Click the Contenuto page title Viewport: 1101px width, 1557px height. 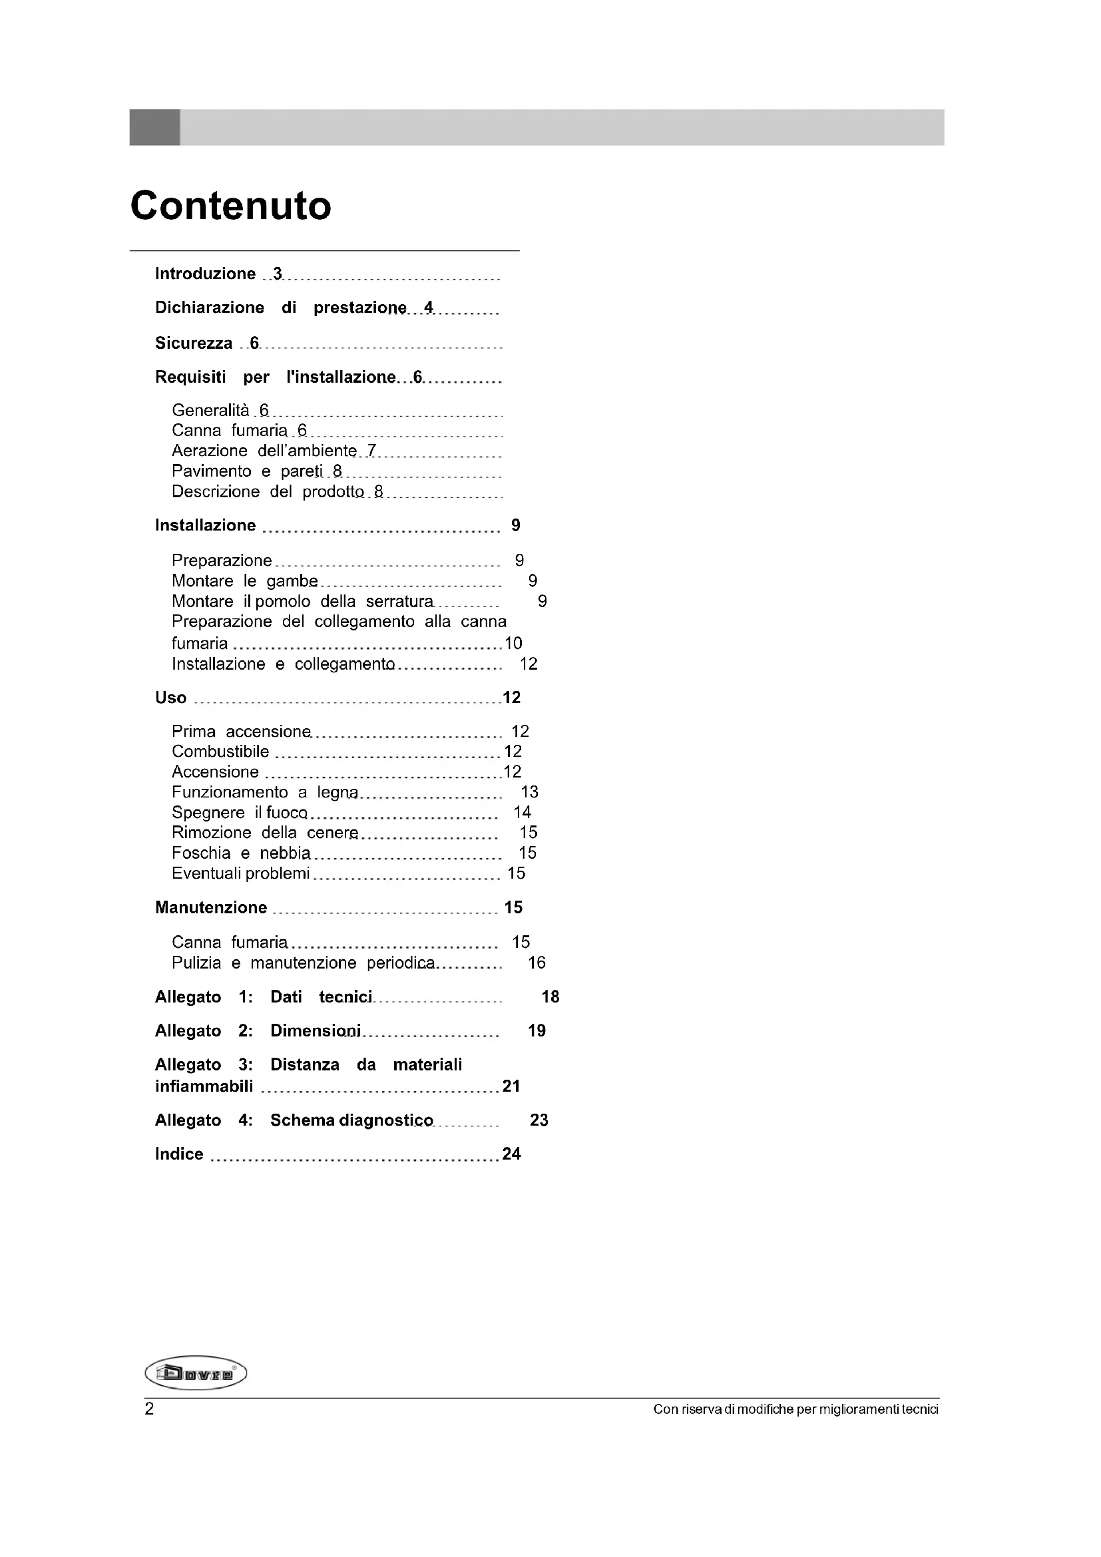(230, 206)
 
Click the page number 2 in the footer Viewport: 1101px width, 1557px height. (149, 1409)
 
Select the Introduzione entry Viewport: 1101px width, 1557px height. (205, 274)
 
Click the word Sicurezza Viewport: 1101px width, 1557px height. (193, 343)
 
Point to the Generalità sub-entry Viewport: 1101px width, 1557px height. (210, 410)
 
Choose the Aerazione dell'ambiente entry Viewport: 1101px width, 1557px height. (264, 451)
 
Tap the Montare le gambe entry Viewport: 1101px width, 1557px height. (244, 581)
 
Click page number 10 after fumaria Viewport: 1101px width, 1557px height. (513, 643)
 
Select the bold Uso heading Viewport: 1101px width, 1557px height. (170, 698)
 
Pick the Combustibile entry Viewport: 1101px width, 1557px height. (220, 752)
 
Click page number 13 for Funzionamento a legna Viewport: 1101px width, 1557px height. (529, 792)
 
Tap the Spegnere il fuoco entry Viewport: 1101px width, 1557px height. (240, 812)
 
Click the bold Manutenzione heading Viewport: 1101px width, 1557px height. (211, 907)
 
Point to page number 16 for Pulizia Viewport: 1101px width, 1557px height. (537, 963)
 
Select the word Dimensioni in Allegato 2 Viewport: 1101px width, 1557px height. (316, 1030)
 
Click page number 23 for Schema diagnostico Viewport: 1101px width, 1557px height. (539, 1120)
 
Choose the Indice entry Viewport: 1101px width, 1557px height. (179, 1154)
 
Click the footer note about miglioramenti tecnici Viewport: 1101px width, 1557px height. (795, 1410)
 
